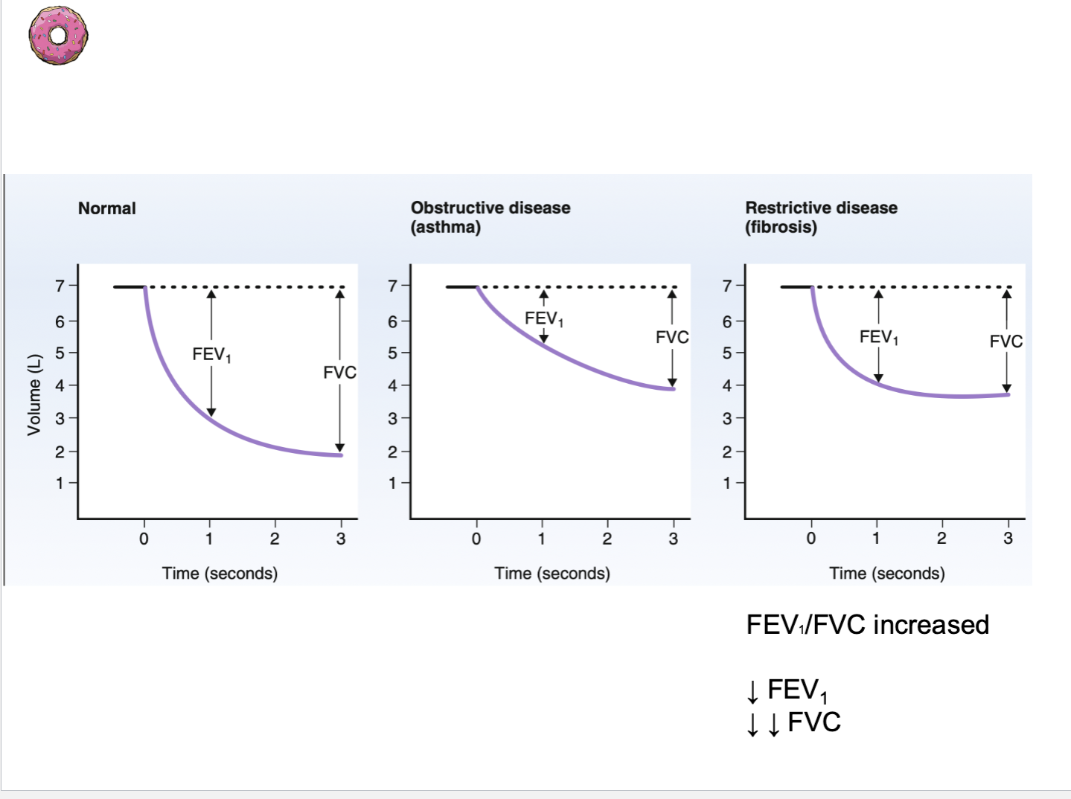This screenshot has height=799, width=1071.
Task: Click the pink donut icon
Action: pyautogui.click(x=58, y=35)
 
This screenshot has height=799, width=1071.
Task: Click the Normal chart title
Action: pyautogui.click(x=107, y=208)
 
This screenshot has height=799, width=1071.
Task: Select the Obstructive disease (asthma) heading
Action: pyautogui.click(x=490, y=217)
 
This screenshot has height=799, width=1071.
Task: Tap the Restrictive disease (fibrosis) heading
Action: pyautogui.click(x=821, y=217)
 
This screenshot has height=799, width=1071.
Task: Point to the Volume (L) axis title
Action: pyautogui.click(x=33, y=394)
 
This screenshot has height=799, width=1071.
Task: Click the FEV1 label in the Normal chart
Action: pyautogui.click(x=211, y=354)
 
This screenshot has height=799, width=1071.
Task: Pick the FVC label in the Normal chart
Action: pyautogui.click(x=339, y=372)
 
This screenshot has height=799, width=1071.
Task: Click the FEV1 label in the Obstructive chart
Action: pyautogui.click(x=544, y=319)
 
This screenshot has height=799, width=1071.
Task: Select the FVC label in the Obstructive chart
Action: pyautogui.click(x=671, y=337)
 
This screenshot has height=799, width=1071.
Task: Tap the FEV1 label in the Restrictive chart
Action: pyautogui.click(x=879, y=338)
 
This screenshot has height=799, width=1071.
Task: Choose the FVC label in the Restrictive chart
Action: pyautogui.click(x=1006, y=341)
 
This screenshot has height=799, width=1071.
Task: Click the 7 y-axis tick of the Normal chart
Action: pyautogui.click(x=60, y=286)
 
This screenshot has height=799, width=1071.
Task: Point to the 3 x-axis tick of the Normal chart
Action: pyautogui.click(x=341, y=539)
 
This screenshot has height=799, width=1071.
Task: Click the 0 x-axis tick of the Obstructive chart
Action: pyautogui.click(x=476, y=539)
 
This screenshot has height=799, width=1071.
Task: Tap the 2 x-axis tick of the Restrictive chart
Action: pyautogui.click(x=941, y=539)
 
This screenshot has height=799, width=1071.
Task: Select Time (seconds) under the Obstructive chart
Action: pyautogui.click(x=552, y=574)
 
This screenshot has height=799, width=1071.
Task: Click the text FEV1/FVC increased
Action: pyautogui.click(x=867, y=625)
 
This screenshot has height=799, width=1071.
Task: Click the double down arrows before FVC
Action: pyautogui.click(x=763, y=723)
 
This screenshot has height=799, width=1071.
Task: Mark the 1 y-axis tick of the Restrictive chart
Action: pyautogui.click(x=727, y=484)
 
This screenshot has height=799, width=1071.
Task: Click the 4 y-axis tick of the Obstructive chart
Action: pyautogui.click(x=392, y=385)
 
